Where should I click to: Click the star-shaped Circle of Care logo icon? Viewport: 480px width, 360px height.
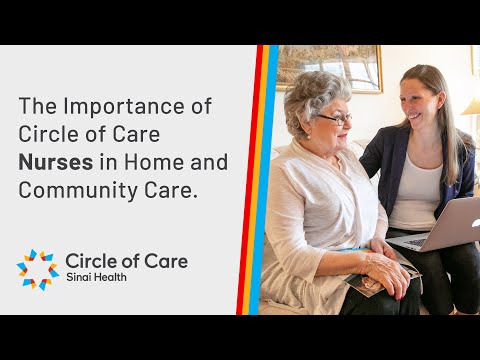tap(37, 268)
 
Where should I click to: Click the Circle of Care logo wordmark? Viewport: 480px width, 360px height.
tap(125, 262)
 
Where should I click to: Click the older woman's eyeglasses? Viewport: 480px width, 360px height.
tap(336, 119)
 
